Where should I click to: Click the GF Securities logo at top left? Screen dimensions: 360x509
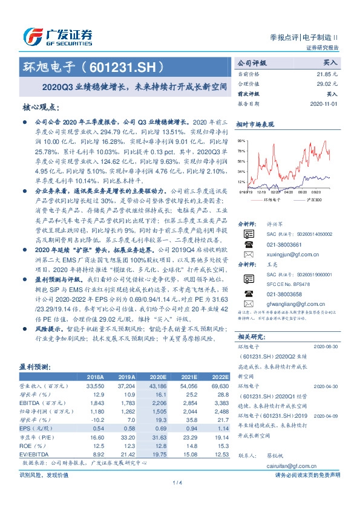click(57, 37)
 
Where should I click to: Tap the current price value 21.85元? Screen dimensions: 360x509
click(328, 73)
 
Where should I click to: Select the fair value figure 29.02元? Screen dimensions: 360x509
click(328, 83)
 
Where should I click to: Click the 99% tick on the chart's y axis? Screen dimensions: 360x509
click(241, 140)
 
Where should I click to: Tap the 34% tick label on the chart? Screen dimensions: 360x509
click(241, 171)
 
